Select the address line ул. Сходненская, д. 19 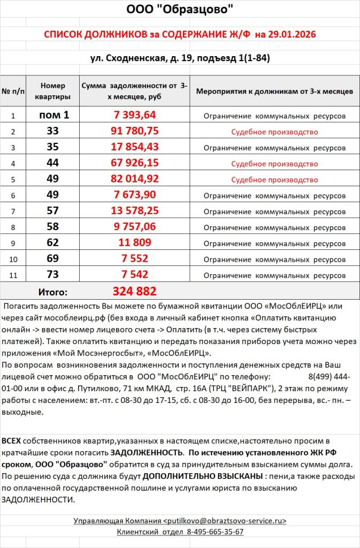(136, 58)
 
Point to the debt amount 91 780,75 (134, 131)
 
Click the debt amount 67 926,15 (134, 163)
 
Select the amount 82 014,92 (134, 179)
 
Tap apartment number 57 (52, 211)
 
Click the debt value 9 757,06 (134, 227)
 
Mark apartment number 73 (52, 275)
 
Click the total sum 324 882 (134, 291)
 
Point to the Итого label (52, 292)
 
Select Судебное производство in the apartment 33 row (274, 132)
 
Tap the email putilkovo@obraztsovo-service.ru (225, 520)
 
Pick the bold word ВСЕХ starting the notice (12, 440)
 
